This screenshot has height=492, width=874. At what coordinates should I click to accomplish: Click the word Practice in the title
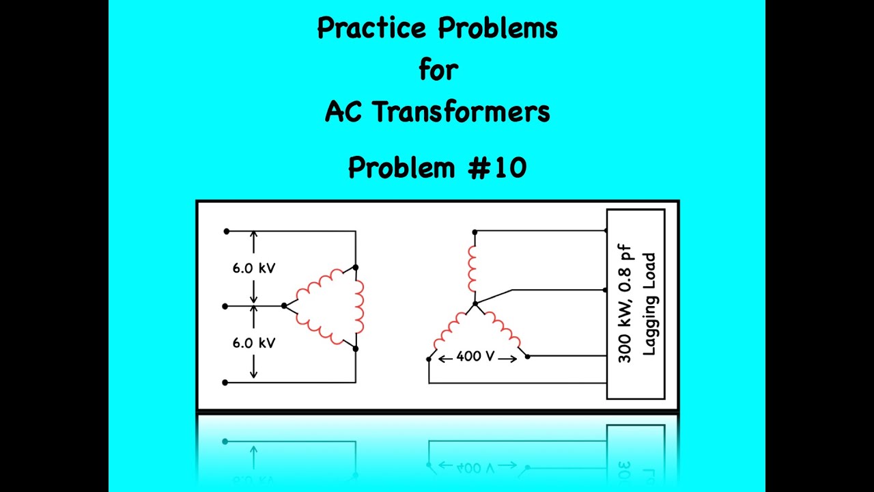(x=373, y=29)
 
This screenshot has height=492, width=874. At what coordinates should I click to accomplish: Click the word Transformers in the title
(x=461, y=112)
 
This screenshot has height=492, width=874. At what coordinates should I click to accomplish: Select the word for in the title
(x=438, y=69)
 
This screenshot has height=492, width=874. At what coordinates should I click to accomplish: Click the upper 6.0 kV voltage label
(x=253, y=269)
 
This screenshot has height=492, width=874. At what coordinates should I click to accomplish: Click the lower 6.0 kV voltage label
(x=253, y=343)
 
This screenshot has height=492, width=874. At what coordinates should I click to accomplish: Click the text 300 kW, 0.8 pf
(x=625, y=303)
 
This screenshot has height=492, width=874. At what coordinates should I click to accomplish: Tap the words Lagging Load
(x=649, y=304)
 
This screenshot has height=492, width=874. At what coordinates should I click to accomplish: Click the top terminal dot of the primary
(x=226, y=232)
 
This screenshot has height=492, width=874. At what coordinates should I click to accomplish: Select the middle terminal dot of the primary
(x=225, y=306)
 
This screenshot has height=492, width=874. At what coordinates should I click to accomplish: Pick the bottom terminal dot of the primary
(x=225, y=383)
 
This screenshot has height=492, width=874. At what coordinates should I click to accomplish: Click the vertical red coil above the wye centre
(x=472, y=269)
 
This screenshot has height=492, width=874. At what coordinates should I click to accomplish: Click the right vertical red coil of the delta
(x=359, y=307)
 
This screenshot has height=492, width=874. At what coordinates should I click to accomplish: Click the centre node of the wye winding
(x=475, y=303)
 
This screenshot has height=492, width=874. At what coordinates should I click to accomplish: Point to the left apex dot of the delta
(x=284, y=305)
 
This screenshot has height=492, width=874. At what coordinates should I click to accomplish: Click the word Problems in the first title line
(x=497, y=29)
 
